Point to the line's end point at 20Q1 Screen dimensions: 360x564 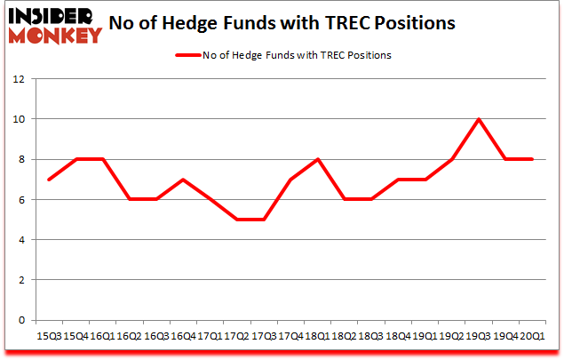click(533, 159)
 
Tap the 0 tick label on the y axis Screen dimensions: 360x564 click(20, 320)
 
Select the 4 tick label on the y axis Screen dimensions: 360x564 click(20, 240)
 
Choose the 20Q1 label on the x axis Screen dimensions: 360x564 click(533, 336)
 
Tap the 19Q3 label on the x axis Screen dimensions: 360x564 click(480, 336)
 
